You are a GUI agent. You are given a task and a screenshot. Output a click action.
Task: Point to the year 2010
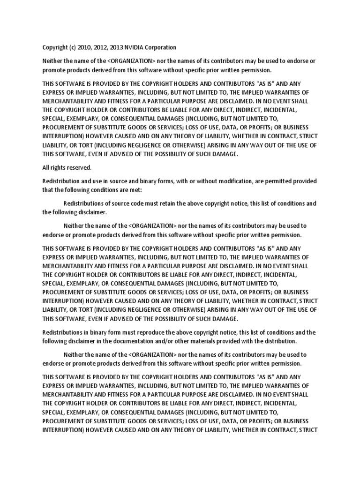click(82, 47)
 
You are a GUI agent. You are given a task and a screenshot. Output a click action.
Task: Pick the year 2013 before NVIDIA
click(113, 47)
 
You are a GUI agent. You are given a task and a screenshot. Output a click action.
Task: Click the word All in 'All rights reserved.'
click(46, 167)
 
